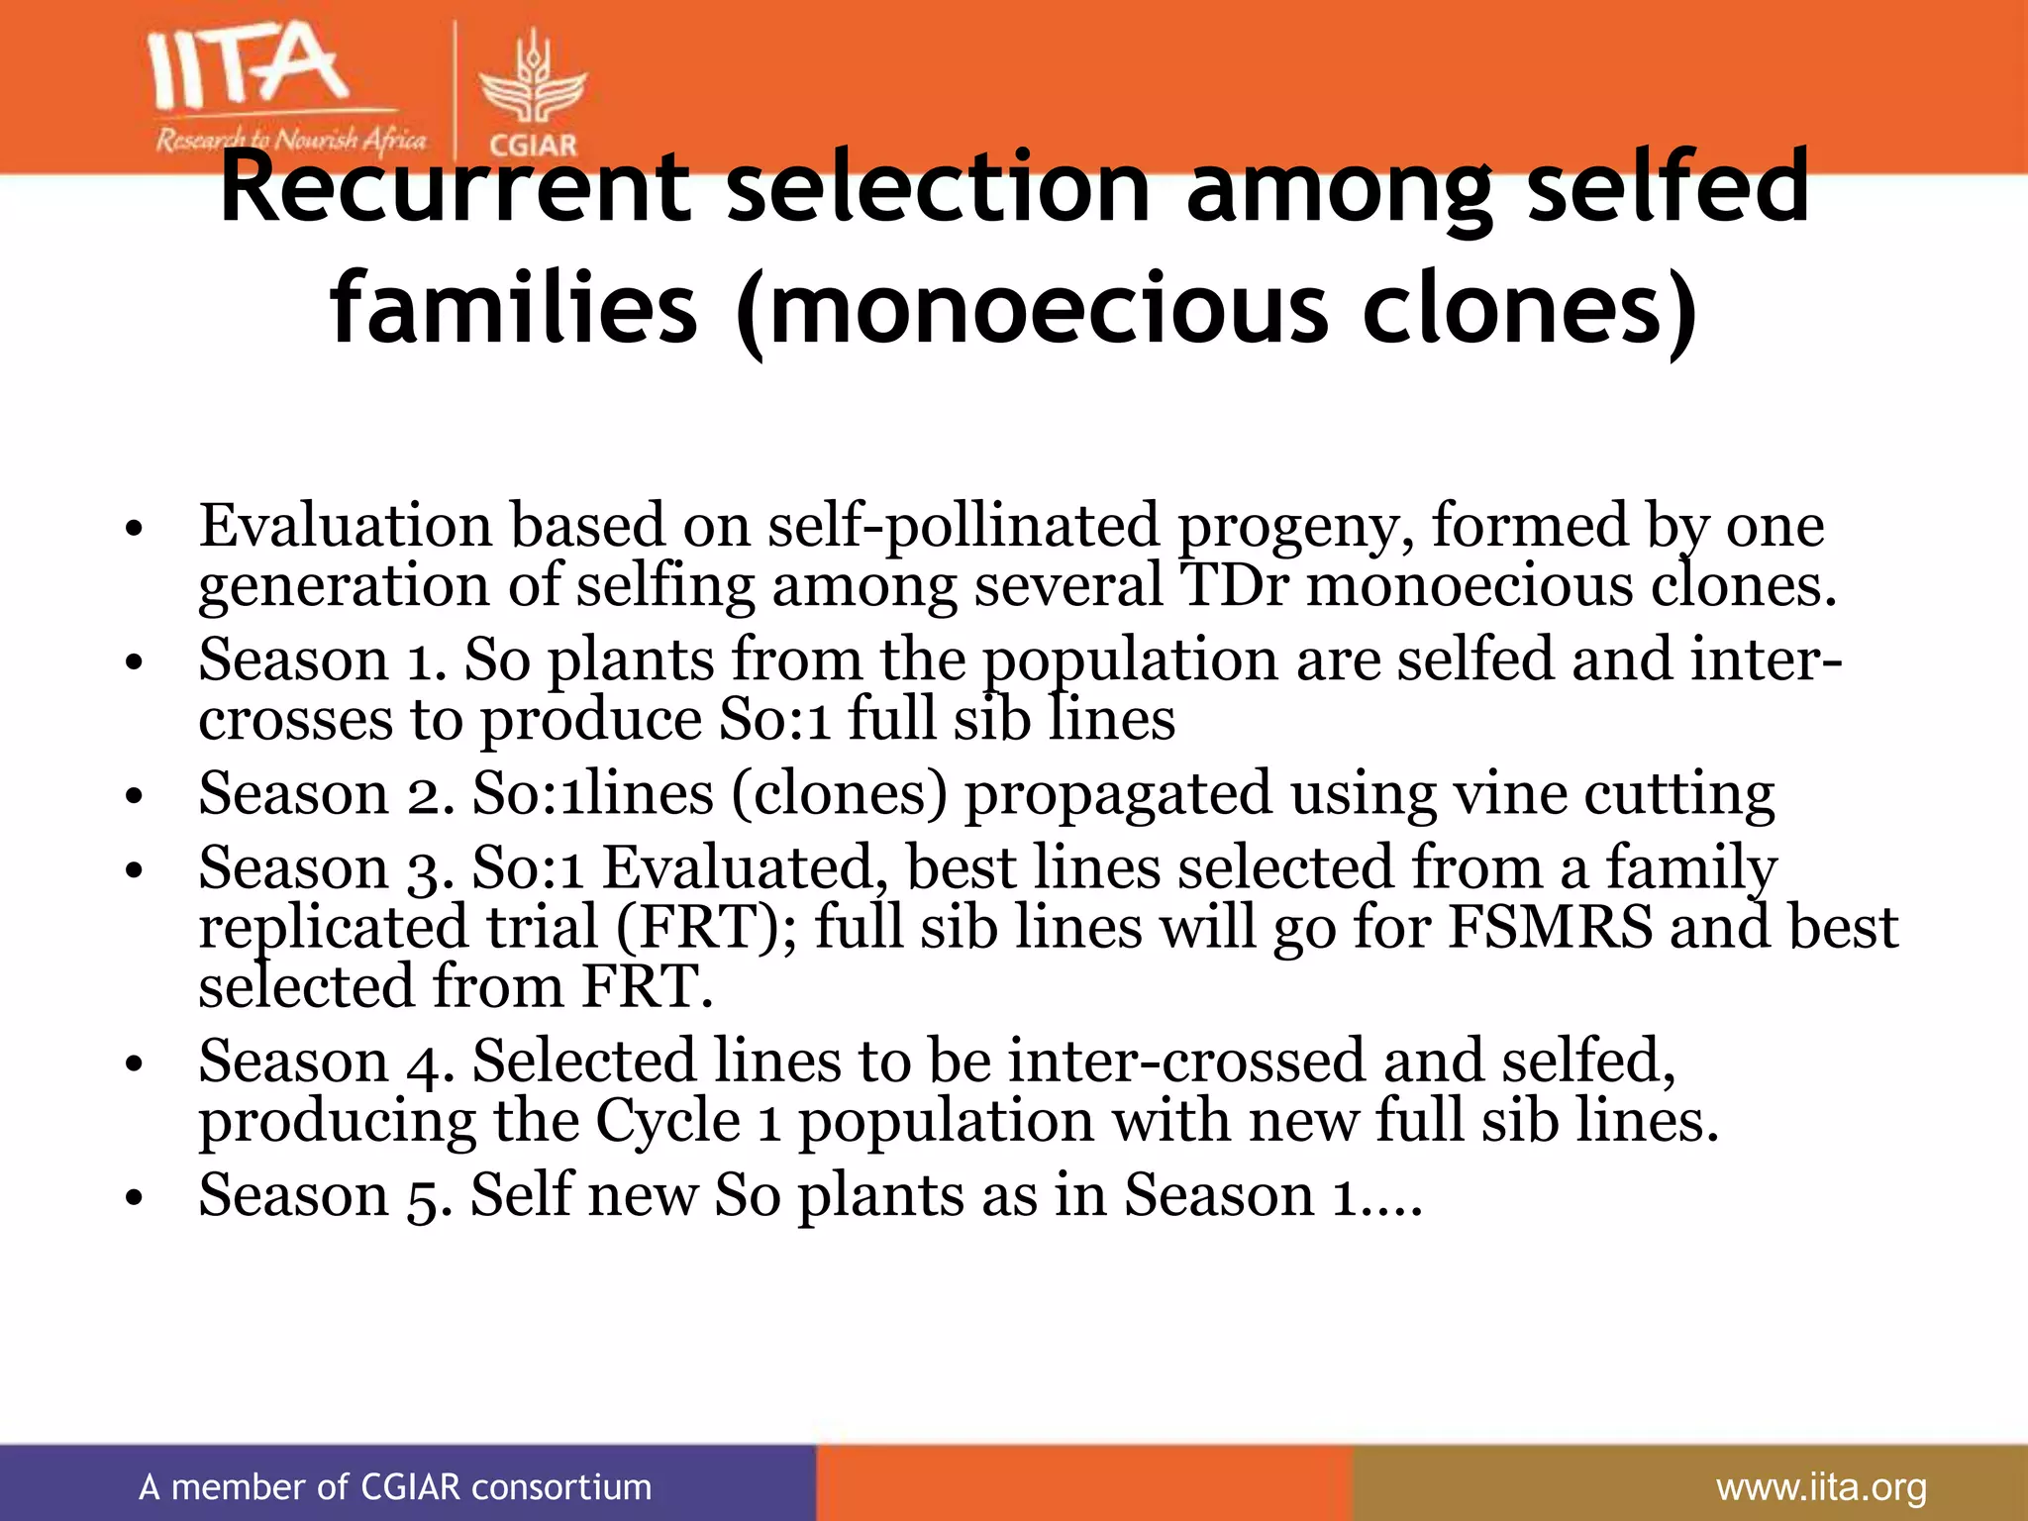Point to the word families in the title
click(x=515, y=309)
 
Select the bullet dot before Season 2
click(x=135, y=795)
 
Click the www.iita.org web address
click(x=1821, y=1486)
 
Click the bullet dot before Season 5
click(x=135, y=1198)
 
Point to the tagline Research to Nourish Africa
click(x=290, y=141)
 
